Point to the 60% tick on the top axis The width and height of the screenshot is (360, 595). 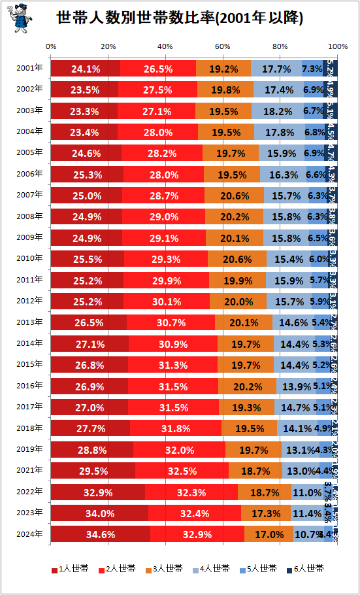pyautogui.click(x=222, y=46)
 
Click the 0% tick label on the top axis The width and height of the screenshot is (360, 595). pyautogui.click(x=51, y=46)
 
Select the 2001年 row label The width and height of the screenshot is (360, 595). pyautogui.click(x=31, y=68)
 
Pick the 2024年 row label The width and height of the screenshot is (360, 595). pyautogui.click(x=31, y=534)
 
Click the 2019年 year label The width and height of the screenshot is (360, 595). pyautogui.click(x=31, y=450)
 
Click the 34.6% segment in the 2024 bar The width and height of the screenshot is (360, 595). pyautogui.click(x=100, y=534)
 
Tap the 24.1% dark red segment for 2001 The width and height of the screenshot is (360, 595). pyautogui.click(x=85, y=68)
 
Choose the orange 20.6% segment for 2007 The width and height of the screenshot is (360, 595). pyautogui.click(x=234, y=195)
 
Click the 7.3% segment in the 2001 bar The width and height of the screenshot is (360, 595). pyautogui.click(x=312, y=68)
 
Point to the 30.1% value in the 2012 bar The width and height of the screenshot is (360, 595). pyautogui.click(x=167, y=301)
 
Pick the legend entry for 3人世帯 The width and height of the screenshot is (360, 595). pyautogui.click(x=167, y=569)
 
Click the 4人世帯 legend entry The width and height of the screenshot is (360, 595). pyautogui.click(x=212, y=569)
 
